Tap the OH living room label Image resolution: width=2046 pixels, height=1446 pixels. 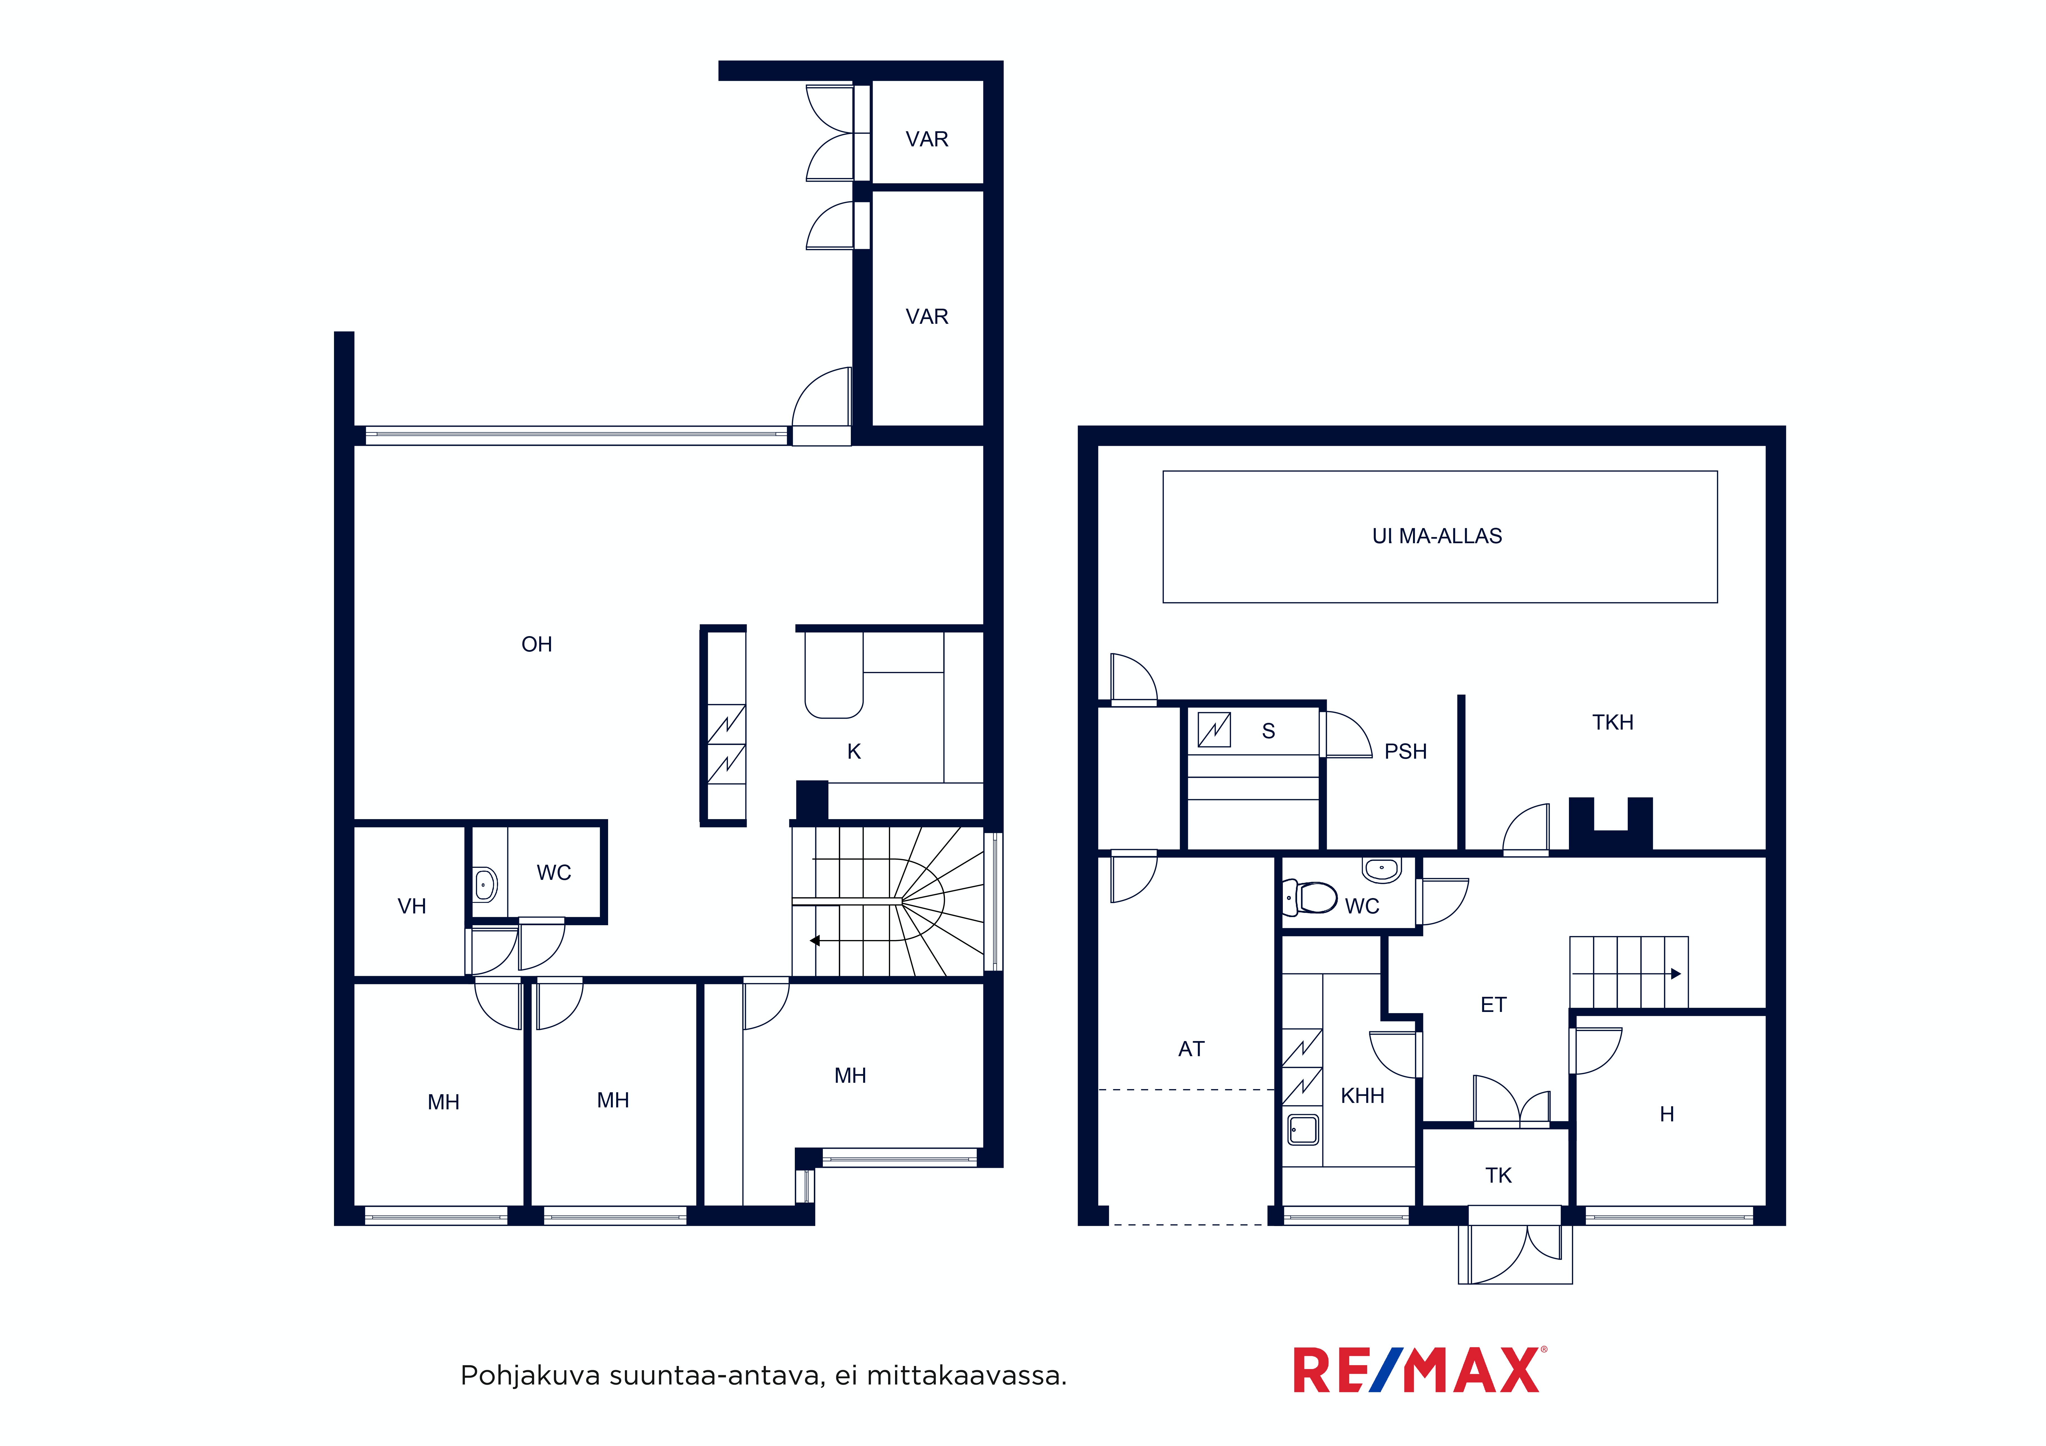536,644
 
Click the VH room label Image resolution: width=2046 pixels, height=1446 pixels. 412,906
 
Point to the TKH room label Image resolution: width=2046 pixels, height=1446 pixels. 1613,723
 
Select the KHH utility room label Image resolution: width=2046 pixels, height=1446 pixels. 1363,1096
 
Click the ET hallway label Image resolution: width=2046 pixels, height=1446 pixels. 1494,1005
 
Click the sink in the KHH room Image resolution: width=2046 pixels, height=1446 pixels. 1303,1130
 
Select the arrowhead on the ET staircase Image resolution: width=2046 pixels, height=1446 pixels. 1676,974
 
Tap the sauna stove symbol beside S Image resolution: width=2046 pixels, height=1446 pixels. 1214,730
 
